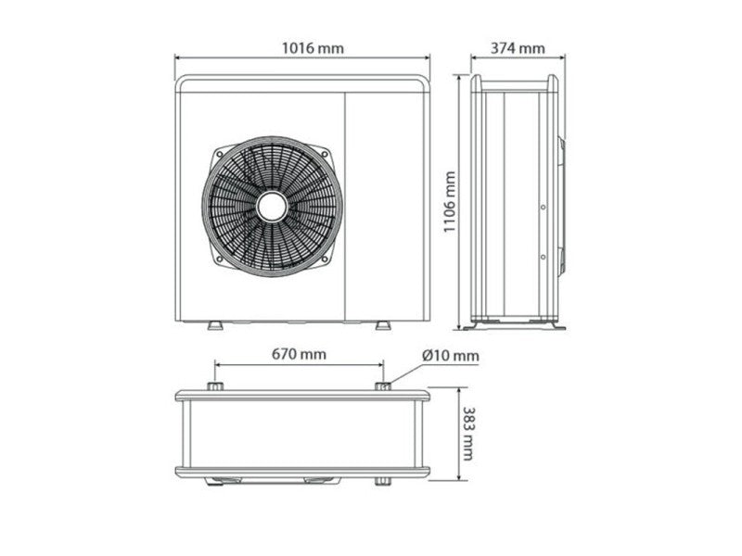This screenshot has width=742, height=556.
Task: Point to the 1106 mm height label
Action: (x=449, y=202)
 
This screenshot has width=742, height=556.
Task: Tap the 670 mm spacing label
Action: (x=299, y=354)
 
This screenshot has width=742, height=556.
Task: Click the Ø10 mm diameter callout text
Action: (x=450, y=355)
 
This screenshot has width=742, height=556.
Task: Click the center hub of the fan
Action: (x=272, y=206)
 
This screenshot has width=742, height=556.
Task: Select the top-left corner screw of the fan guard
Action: (x=219, y=153)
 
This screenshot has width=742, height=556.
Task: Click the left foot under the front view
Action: (x=214, y=325)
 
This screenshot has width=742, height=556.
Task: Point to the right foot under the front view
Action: (x=382, y=325)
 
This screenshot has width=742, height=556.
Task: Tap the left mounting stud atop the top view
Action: (x=214, y=385)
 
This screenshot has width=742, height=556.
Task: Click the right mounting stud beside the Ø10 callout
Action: (x=382, y=385)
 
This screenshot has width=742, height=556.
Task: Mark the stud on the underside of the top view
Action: (x=381, y=482)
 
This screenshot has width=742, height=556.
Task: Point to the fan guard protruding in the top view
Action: (x=274, y=481)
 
